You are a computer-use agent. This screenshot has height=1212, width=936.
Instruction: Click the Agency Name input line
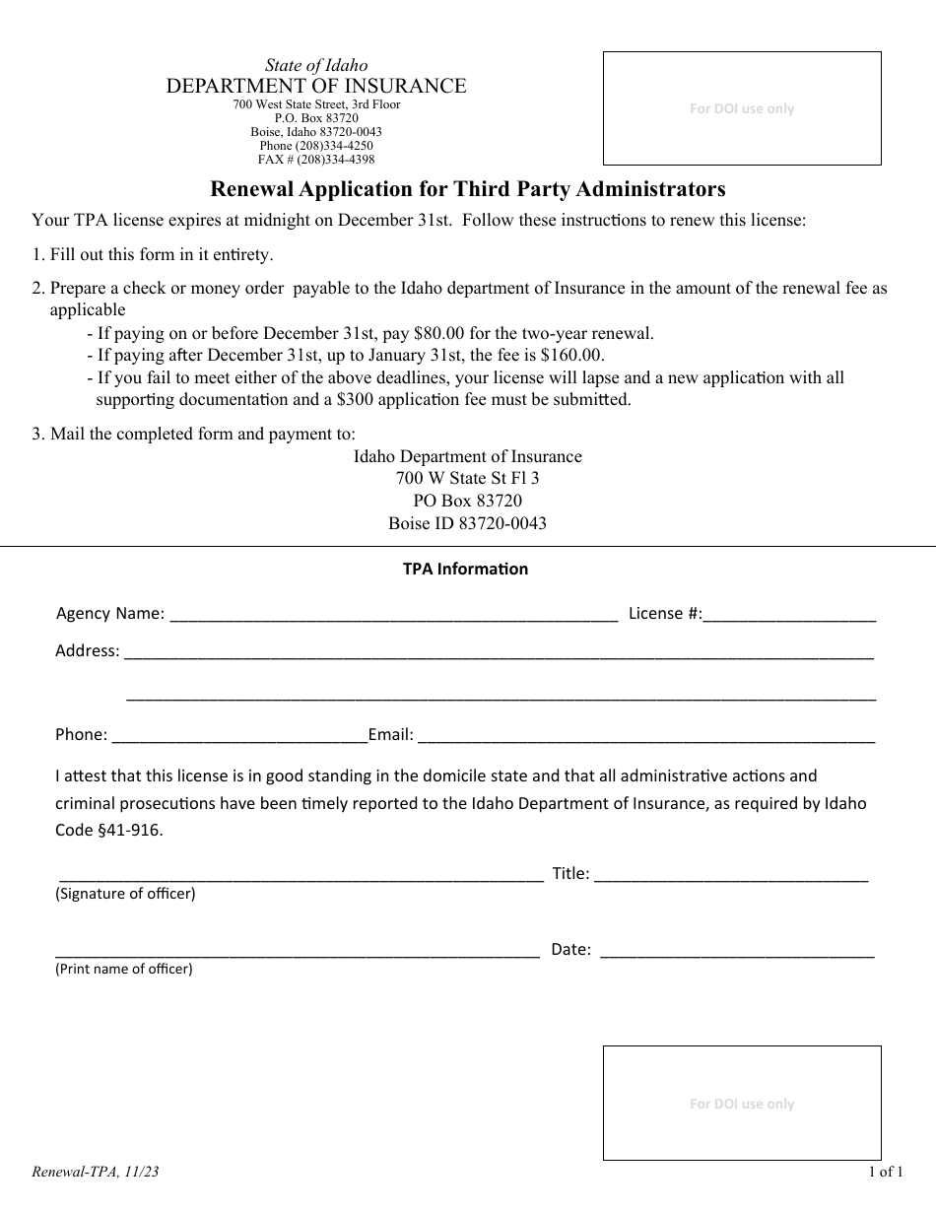pyautogui.click(x=394, y=615)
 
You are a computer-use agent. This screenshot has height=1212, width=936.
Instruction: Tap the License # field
pyautogui.click(x=789, y=615)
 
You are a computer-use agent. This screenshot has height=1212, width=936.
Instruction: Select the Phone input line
pyautogui.click(x=239, y=735)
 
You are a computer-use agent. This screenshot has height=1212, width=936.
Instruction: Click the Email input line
pyautogui.click(x=645, y=735)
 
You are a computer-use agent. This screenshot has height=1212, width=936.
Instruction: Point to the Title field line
pyautogui.click(x=731, y=874)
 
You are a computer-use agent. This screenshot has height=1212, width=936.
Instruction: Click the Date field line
pyautogui.click(x=736, y=951)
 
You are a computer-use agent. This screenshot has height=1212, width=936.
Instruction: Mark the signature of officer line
pyautogui.click(x=301, y=874)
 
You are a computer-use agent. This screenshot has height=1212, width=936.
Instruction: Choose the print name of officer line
pyautogui.click(x=297, y=951)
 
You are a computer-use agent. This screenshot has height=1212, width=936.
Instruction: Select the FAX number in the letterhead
pyautogui.click(x=316, y=159)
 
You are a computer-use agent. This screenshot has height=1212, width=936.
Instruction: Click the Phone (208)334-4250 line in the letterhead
pyautogui.click(x=316, y=145)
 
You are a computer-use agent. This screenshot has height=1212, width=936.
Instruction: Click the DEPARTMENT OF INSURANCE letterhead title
pyautogui.click(x=316, y=86)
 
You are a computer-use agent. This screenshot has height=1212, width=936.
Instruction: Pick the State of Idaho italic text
pyautogui.click(x=316, y=66)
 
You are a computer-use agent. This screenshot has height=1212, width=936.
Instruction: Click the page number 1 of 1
pyautogui.click(x=885, y=1172)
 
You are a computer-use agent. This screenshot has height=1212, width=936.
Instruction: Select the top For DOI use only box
pyautogui.click(x=742, y=108)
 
